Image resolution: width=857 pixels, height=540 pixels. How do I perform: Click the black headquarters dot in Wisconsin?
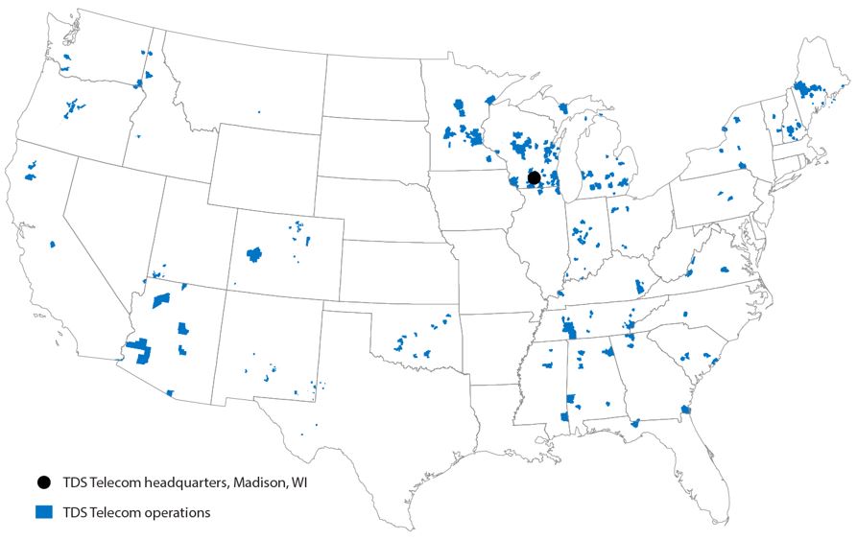tap(535, 177)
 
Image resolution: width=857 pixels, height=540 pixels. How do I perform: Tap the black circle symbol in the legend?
tap(43, 482)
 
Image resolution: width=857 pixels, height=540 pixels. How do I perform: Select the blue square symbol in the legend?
tap(43, 512)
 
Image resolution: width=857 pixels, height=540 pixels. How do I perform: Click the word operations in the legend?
tap(174, 512)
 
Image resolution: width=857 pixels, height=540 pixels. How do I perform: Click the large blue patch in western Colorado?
tap(254, 254)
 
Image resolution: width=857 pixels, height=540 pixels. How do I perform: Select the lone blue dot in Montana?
tap(258, 111)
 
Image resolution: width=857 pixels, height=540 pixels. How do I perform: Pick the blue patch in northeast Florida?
tap(685, 410)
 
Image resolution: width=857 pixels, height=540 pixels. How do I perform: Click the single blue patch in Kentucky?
tap(639, 286)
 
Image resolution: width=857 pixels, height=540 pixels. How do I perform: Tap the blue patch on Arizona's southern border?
tap(169, 392)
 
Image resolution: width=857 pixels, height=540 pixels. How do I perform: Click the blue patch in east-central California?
tap(53, 244)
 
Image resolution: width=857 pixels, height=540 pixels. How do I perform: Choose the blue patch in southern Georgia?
tap(634, 422)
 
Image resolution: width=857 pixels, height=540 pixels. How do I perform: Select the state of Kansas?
tap(393, 273)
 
